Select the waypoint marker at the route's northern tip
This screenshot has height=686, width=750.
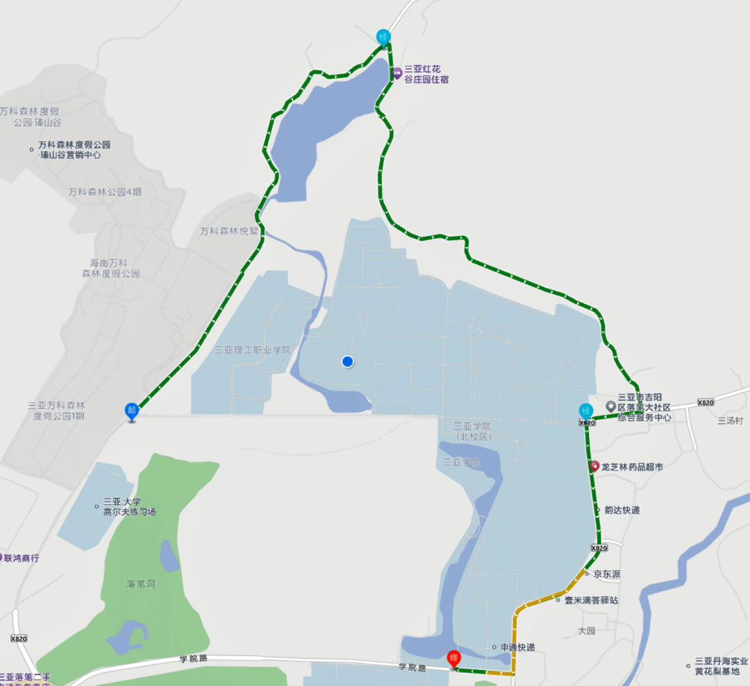383,37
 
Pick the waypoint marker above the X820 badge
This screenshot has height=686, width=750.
586,411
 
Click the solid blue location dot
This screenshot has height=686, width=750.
348,361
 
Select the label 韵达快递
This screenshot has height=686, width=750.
622,510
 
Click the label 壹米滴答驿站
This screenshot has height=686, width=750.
590,600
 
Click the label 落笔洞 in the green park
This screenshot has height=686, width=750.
142,584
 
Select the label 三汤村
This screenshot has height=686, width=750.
731,420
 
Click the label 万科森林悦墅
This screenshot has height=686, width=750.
229,231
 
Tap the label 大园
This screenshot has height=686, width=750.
587,631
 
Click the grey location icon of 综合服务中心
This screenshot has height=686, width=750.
610,406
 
